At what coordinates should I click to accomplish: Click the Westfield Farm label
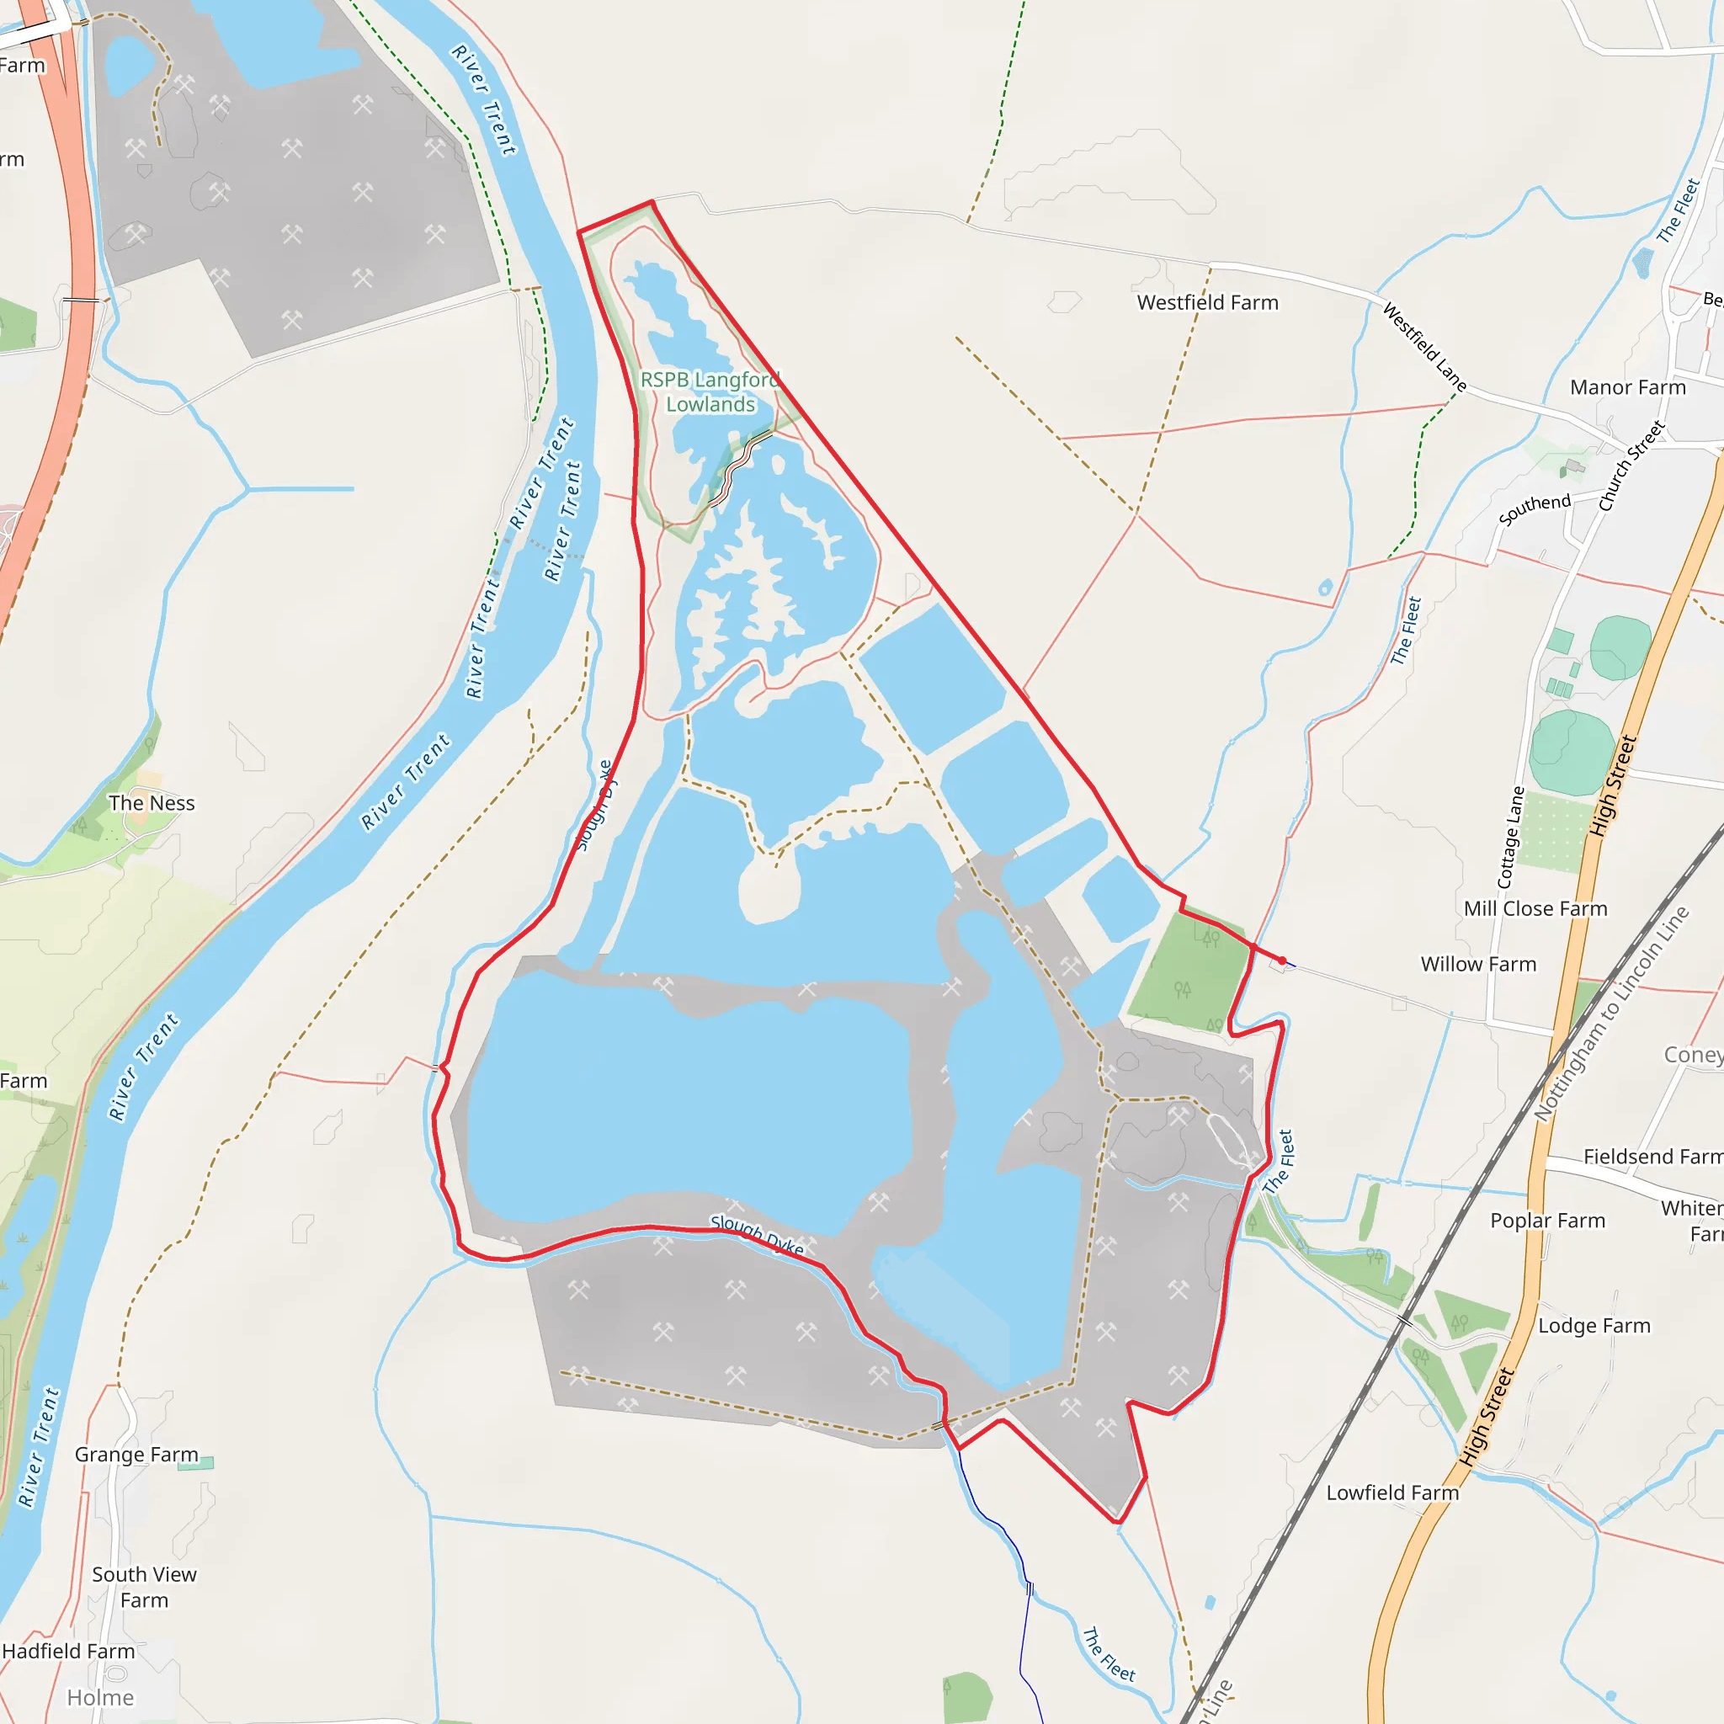[1207, 302]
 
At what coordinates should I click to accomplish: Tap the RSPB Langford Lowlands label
[710, 391]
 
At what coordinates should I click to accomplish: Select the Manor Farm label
[1628, 387]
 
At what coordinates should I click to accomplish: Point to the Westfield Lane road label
[1424, 347]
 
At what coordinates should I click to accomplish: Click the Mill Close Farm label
[1535, 908]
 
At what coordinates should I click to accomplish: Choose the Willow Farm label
[1477, 964]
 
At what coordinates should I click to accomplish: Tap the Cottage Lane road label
[1510, 837]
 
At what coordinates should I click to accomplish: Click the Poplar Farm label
[1547, 1220]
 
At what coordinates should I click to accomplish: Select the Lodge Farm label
[1594, 1325]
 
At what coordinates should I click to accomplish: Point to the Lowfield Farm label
[1392, 1492]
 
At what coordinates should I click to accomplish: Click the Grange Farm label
[136, 1454]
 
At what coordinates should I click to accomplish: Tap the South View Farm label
[144, 1587]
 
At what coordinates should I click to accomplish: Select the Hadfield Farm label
[69, 1651]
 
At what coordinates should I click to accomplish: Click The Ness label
[152, 803]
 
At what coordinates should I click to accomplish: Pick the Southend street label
[1534, 508]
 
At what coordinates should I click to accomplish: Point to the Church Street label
[1631, 466]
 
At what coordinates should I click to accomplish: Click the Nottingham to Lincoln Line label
[1610, 1014]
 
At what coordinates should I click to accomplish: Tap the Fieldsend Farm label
[1652, 1157]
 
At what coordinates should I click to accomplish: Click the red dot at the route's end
[1282, 960]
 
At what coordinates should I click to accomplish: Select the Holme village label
[101, 1697]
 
